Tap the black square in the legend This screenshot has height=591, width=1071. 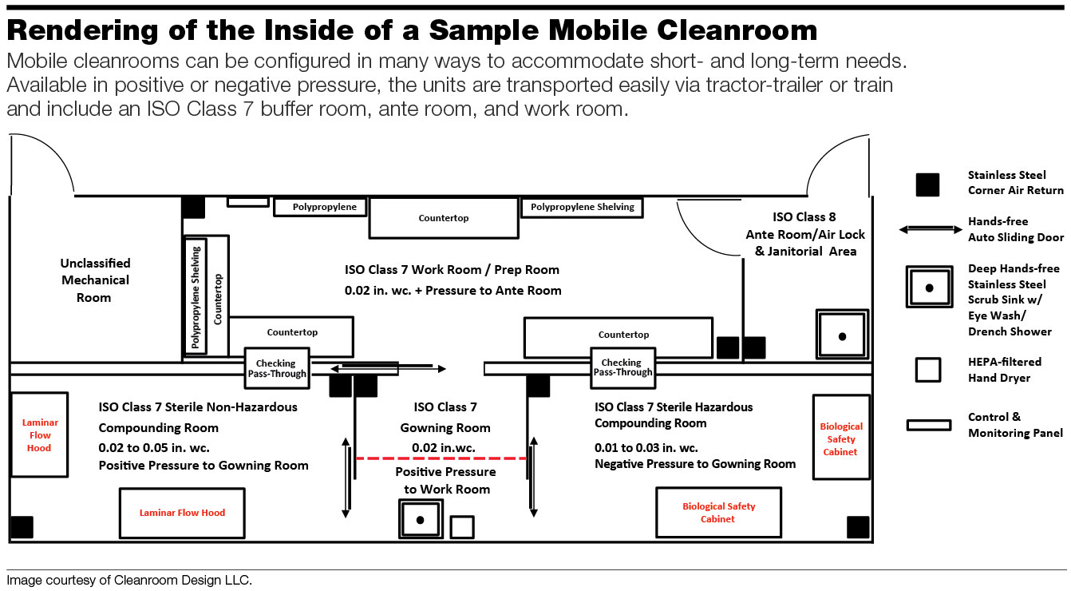(x=927, y=184)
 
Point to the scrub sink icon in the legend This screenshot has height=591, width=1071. (x=929, y=286)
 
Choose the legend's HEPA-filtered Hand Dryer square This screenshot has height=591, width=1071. (x=927, y=370)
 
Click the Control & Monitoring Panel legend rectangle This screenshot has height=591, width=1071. (x=928, y=425)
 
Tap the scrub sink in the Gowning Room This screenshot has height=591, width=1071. (x=420, y=520)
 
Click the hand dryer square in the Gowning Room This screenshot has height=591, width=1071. (x=461, y=527)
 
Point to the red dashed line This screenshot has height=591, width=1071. (x=441, y=458)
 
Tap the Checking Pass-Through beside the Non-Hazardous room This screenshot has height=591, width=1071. (x=275, y=368)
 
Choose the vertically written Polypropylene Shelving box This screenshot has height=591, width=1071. (x=196, y=295)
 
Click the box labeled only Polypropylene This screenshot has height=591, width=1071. (x=320, y=208)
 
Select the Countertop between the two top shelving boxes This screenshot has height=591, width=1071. (x=443, y=218)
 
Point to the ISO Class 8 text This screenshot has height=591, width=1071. (x=804, y=217)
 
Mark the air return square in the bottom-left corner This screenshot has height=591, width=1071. (x=22, y=527)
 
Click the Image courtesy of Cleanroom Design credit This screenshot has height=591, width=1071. (x=129, y=581)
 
